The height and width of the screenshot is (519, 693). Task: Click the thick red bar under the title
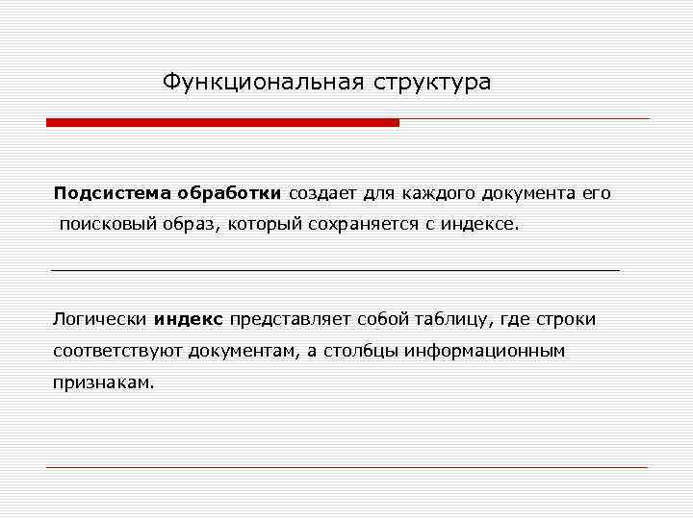coord(222,123)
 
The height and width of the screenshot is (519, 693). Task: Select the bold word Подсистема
coord(110,193)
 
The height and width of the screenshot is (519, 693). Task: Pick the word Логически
coord(100,319)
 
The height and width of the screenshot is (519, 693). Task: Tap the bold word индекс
coord(189,319)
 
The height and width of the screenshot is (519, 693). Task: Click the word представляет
coord(290,319)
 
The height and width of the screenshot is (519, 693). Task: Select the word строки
coord(566,319)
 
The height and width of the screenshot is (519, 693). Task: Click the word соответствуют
coord(116,351)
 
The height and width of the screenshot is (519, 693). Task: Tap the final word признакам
coord(102,382)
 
